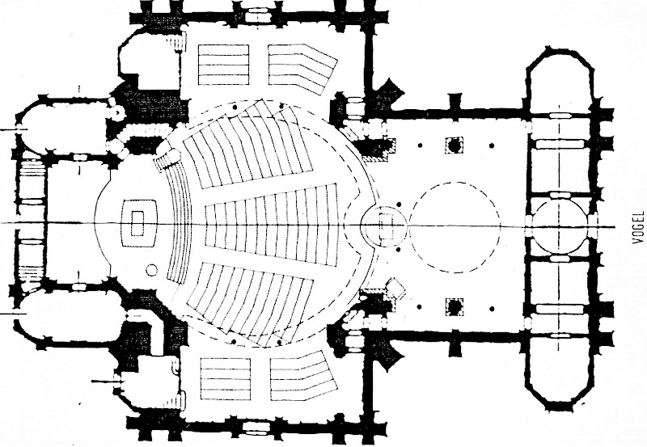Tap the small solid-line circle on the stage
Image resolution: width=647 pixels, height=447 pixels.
pos(151,270)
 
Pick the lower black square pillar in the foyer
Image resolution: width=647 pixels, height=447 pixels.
pos(454,306)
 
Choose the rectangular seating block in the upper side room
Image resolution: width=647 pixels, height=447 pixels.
pos(224,60)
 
